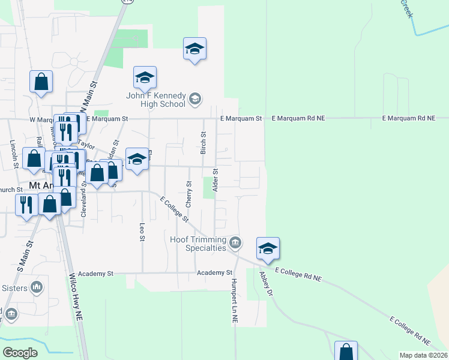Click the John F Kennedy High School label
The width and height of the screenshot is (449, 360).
coord(155,99)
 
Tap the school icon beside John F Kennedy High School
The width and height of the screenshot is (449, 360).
coord(195,98)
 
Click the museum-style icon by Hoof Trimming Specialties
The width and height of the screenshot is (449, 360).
coord(235,243)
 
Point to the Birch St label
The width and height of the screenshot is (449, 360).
coord(203,143)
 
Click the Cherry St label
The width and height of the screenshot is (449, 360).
coord(188,194)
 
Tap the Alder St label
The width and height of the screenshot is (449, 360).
coord(215,180)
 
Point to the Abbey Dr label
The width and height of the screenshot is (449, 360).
coord(266,285)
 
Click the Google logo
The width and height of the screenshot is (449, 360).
coord(20,353)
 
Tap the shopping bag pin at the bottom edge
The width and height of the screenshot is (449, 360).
coord(346,352)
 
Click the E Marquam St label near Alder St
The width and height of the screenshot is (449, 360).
coord(241,119)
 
